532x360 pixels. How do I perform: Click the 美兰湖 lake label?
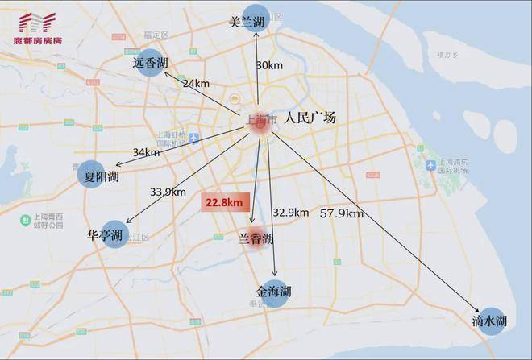pos(247,23)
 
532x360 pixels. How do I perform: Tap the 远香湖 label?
pos(151,63)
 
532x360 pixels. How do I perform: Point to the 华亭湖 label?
pos(105,235)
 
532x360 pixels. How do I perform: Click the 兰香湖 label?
pos(256,239)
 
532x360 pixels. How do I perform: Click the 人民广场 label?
pos(310,118)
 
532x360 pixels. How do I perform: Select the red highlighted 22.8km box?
pos(223,203)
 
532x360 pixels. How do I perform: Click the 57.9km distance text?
pos(342,213)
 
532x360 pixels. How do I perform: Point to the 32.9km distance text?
pos(290,213)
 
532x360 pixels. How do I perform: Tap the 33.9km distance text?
pos(168,192)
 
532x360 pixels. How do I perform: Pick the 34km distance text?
pos(146,152)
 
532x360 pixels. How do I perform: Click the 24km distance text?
pos(196,83)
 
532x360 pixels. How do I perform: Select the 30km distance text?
pos(268,64)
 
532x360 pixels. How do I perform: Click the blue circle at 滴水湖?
pos(491,320)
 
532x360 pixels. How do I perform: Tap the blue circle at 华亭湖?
pos(115,234)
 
